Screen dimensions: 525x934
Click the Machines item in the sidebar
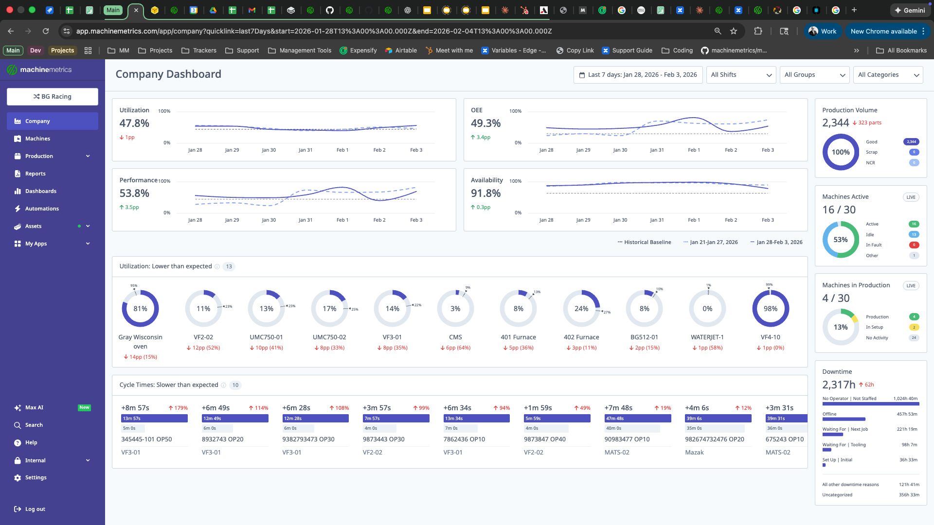37,139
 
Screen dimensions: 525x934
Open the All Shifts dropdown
741,75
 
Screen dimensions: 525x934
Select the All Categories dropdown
888,75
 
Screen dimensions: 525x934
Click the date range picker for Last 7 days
638,75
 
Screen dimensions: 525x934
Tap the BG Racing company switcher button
53,97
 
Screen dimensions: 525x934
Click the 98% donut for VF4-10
770,309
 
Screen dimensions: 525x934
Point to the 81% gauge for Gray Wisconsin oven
140,309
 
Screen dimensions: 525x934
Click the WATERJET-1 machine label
707,337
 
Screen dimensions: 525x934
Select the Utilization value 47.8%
134,123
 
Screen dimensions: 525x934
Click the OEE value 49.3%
485,123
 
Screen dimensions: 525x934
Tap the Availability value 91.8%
485,193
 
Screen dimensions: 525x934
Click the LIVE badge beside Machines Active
911,197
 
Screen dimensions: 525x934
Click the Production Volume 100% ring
840,152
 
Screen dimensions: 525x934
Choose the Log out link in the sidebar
35,509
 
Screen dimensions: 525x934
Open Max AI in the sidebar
34,408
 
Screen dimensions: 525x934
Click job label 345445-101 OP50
146,439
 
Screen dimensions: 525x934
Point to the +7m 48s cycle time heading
618,408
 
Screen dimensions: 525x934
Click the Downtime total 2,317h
838,385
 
